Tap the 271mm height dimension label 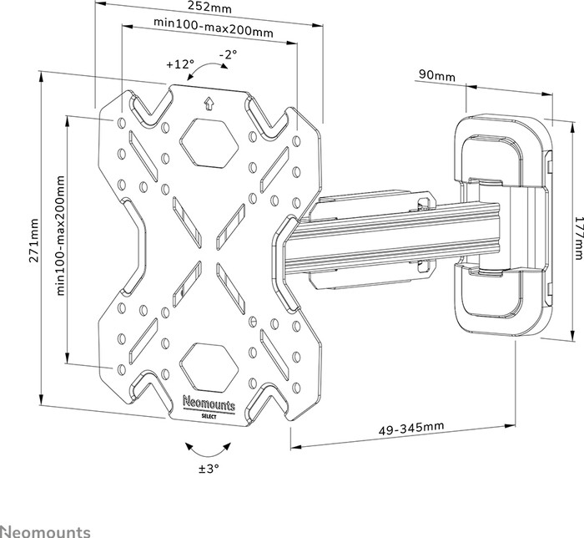pos(34,241)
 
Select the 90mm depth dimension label pos(436,77)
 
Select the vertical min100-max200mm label pos(61,236)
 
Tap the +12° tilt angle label pos(179,63)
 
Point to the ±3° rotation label pos(208,469)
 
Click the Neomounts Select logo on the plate pos(209,407)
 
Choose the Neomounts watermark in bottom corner pos(46,530)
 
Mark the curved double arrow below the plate pos(208,449)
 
